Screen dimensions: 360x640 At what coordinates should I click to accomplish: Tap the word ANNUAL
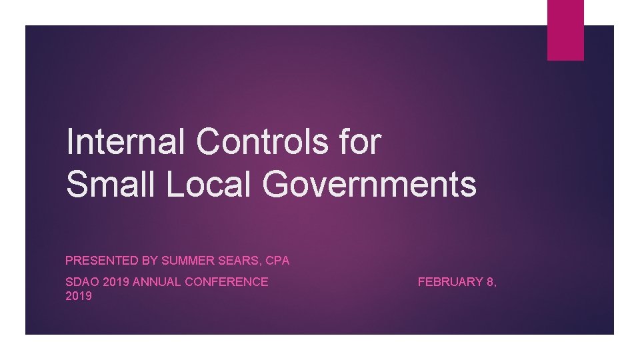157,282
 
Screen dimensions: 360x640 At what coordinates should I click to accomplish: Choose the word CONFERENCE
227,282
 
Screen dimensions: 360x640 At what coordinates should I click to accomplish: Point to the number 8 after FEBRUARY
491,282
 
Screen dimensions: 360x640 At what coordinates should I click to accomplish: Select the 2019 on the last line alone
79,296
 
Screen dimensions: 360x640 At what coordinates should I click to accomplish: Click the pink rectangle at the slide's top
565,30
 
